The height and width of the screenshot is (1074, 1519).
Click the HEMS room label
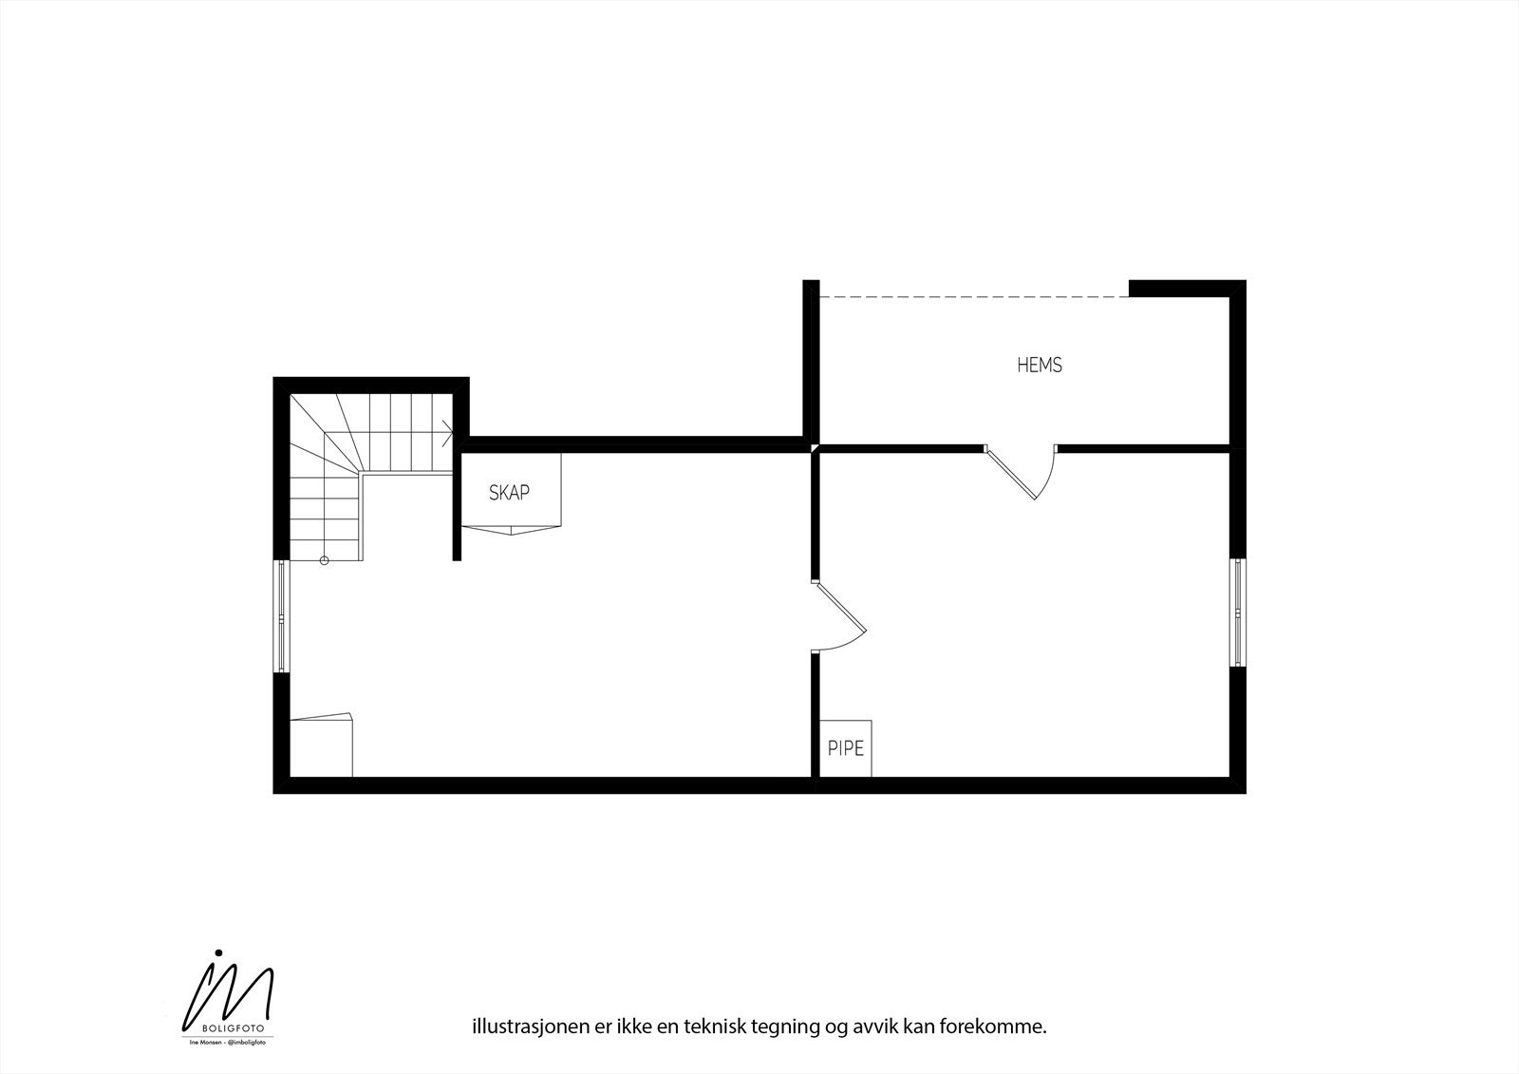(x=1040, y=365)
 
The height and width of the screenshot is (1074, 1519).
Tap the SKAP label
(x=509, y=493)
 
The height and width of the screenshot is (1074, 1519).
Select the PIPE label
(x=846, y=748)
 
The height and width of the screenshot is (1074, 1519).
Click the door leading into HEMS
(x=1022, y=472)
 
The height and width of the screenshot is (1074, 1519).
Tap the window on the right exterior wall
(x=1238, y=612)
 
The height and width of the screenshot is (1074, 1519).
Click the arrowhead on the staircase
(x=448, y=433)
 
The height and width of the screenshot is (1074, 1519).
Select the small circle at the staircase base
(x=325, y=561)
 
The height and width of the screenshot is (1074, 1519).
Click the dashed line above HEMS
(x=974, y=297)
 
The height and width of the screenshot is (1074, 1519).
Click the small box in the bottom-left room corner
(x=321, y=746)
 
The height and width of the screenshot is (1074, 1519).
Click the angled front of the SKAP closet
(x=513, y=529)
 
